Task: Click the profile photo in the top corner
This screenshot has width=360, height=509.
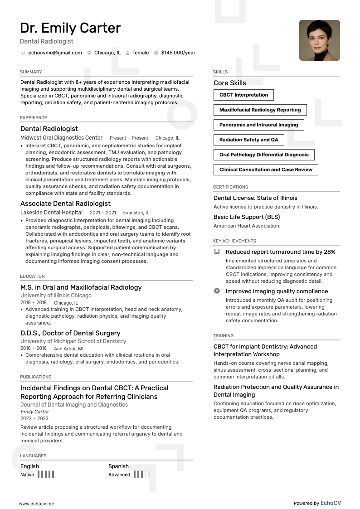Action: (x=319, y=40)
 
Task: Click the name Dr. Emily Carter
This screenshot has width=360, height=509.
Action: (x=70, y=28)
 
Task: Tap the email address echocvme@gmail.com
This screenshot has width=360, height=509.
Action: (x=55, y=53)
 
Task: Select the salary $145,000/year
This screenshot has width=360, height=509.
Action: (x=178, y=53)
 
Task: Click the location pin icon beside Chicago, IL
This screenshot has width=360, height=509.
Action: (x=89, y=53)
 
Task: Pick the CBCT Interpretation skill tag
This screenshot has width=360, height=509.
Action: (x=243, y=95)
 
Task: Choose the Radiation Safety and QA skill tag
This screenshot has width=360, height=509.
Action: (x=248, y=140)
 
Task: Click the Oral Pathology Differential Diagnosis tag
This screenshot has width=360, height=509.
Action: (x=263, y=155)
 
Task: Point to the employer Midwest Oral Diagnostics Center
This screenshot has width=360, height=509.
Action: (x=61, y=138)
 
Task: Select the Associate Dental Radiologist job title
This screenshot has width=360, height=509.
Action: (x=65, y=204)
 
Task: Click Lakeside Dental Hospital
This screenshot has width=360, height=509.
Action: (x=51, y=213)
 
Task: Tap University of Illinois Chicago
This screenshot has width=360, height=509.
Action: (x=56, y=296)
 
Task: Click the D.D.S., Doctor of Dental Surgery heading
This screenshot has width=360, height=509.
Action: (x=70, y=333)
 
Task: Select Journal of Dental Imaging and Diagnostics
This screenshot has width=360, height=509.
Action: (x=74, y=405)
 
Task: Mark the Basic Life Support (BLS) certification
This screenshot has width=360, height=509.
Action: (x=247, y=217)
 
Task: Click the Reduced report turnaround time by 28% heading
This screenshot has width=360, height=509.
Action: (x=280, y=252)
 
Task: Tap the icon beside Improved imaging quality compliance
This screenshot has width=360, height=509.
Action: (x=217, y=291)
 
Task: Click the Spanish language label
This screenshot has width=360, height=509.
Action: (x=118, y=466)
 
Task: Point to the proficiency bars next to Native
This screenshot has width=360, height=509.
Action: (x=46, y=475)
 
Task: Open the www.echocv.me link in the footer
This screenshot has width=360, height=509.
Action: (x=36, y=503)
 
